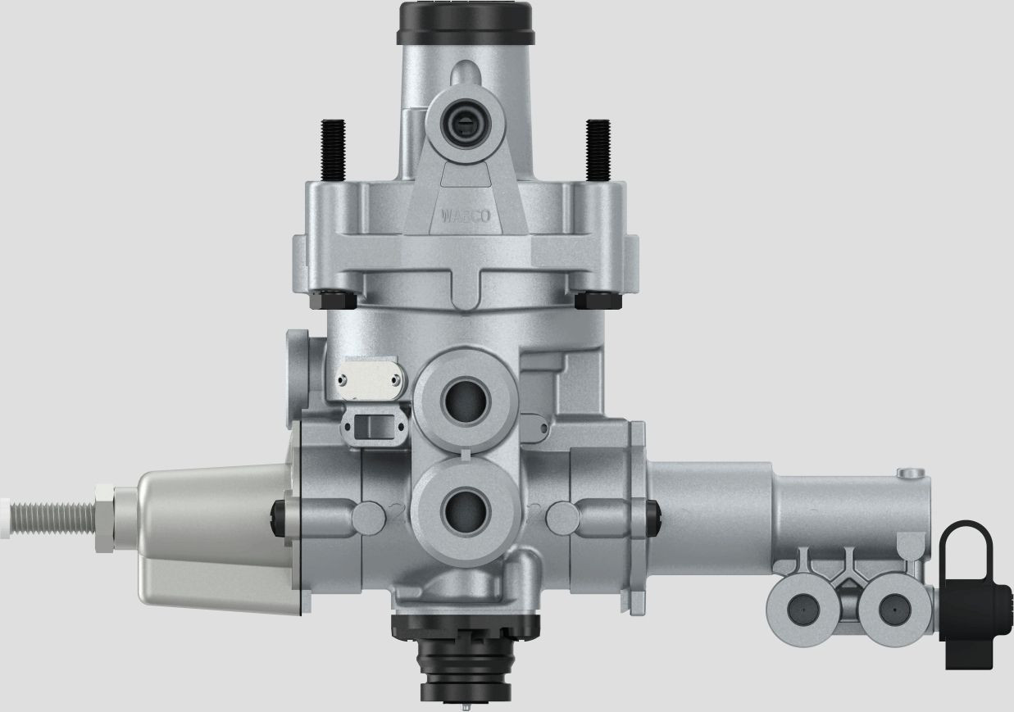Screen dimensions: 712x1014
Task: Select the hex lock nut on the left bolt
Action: (105, 514)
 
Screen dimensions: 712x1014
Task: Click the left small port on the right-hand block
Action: (799, 611)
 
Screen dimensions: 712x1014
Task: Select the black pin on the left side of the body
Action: (280, 514)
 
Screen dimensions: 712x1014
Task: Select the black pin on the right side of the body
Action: (653, 514)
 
